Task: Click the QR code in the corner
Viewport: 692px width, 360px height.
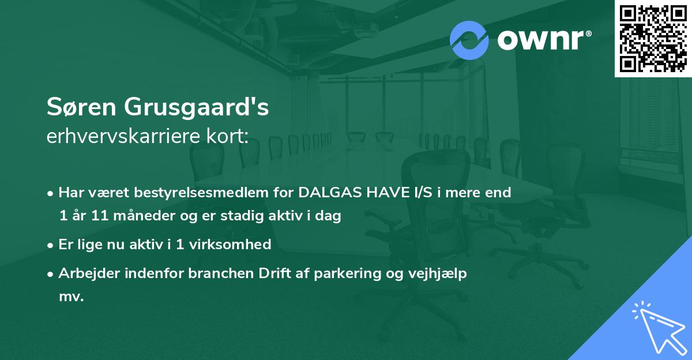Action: click(x=653, y=38)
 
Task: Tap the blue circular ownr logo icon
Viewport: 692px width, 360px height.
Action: click(x=470, y=40)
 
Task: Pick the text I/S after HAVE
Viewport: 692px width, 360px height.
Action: click(x=424, y=193)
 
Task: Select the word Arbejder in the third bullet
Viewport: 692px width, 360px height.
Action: click(x=84, y=273)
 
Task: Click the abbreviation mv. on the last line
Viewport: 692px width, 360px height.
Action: click(x=72, y=297)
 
